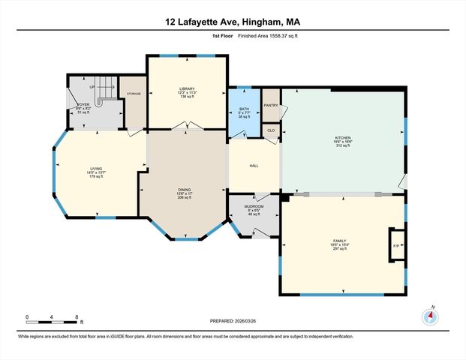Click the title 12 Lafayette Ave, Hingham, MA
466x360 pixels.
[x=233, y=22]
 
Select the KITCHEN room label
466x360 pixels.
[x=342, y=138]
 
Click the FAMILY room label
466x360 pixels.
[x=339, y=240]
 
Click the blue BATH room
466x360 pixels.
[x=244, y=112]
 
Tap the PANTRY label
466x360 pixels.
[x=271, y=106]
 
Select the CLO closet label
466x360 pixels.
[x=271, y=130]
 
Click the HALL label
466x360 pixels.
[x=254, y=166]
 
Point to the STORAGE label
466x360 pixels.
[x=134, y=94]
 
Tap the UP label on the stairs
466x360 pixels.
[x=92, y=87]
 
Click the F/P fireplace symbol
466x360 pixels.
[x=395, y=245]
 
